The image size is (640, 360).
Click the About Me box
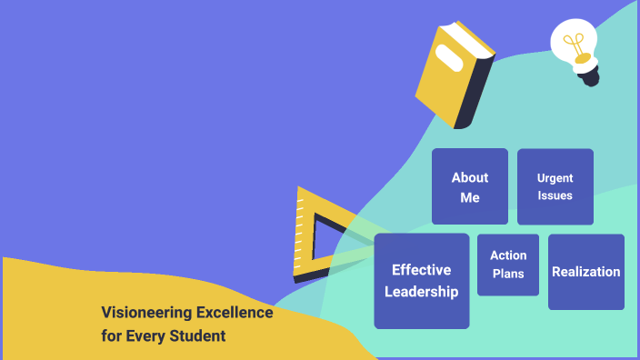coord(469,186)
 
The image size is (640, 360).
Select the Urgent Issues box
coord(555,186)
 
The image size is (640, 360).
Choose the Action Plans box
coord(508,265)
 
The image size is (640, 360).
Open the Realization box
coord(585,272)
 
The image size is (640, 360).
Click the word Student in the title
coord(199,336)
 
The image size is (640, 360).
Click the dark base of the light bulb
coord(591,76)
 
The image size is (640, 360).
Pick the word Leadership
coord(421,292)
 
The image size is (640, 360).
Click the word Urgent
coord(555,178)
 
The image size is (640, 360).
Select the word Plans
coord(508,274)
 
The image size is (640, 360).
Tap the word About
coord(469,177)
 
